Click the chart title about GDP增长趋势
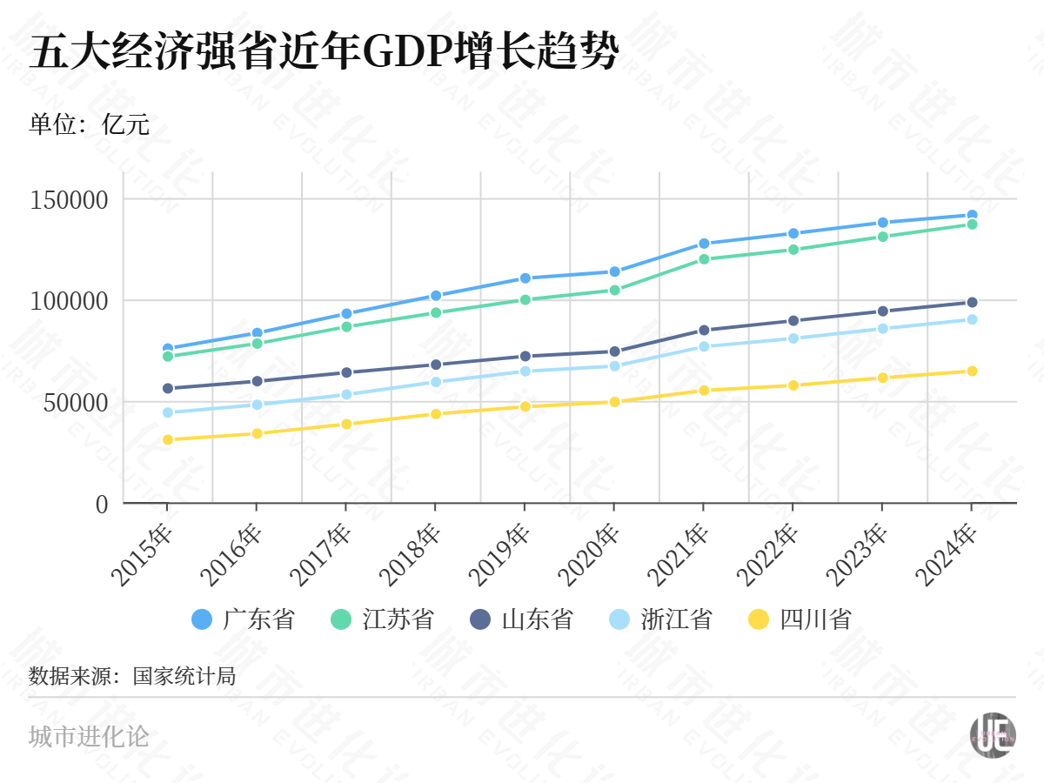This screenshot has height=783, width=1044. pyautogui.click(x=324, y=54)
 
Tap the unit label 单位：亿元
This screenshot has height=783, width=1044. pyautogui.click(x=89, y=124)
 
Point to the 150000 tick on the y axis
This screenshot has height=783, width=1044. pyautogui.click(x=70, y=200)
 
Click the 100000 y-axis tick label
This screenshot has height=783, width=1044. pyautogui.click(x=70, y=301)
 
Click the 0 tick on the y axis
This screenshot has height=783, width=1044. pyautogui.click(x=102, y=504)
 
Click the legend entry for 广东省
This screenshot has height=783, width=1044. pyautogui.click(x=244, y=619)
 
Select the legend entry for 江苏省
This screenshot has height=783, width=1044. pyautogui.click(x=383, y=619)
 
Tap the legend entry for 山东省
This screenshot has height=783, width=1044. pyautogui.click(x=522, y=619)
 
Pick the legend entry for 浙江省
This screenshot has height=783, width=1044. pyautogui.click(x=661, y=619)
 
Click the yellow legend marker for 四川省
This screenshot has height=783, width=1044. pyautogui.click(x=759, y=619)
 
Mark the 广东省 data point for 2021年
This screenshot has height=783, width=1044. pyautogui.click(x=703, y=244)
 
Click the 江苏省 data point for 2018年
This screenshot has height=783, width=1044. pyautogui.click(x=435, y=312)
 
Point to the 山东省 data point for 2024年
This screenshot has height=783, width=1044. pyautogui.click(x=972, y=303)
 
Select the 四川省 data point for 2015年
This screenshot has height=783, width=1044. pyautogui.click(x=167, y=439)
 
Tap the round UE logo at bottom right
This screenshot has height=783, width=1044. pyautogui.click(x=993, y=734)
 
